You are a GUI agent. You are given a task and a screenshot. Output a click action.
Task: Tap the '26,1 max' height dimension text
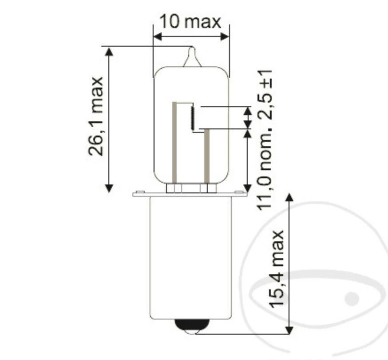pyautogui.click(x=96, y=116)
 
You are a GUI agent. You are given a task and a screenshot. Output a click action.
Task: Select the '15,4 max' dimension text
pyautogui.click(x=276, y=269)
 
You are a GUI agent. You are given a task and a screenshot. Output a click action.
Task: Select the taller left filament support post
pyautogui.click(x=174, y=142)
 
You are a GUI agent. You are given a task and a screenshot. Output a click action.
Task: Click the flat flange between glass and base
pyautogui.click(x=190, y=194)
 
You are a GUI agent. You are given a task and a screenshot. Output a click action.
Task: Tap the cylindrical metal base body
pyautogui.click(x=190, y=258)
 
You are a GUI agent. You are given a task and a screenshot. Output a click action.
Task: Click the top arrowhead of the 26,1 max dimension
pyautogui.click(x=109, y=51)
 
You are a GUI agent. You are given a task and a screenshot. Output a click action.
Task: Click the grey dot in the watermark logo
pyautogui.click(x=352, y=298)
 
